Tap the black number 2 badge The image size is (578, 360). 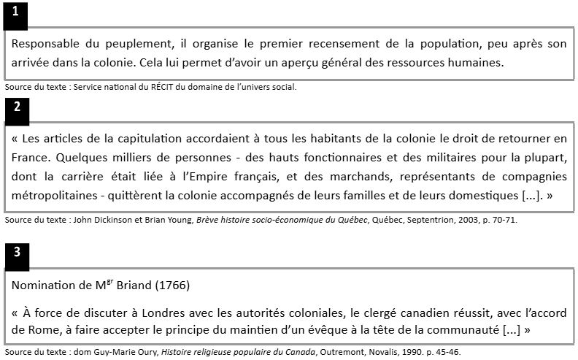(16, 106)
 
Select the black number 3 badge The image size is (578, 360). (16, 253)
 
